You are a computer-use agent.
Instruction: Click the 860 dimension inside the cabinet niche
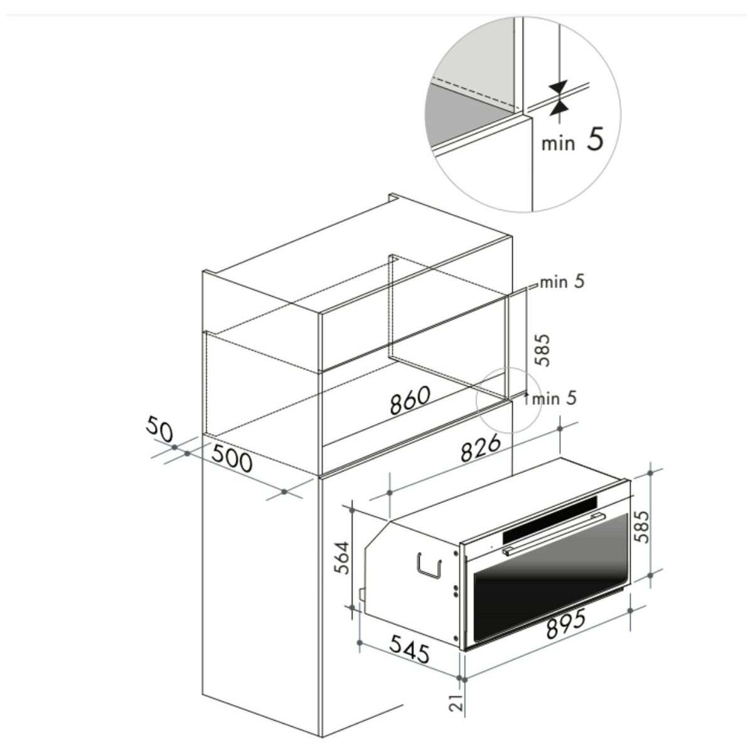410,400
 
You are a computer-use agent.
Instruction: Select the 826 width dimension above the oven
481,448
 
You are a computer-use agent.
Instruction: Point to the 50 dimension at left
159,429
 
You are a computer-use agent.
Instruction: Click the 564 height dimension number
343,558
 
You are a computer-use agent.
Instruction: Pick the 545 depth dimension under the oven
410,649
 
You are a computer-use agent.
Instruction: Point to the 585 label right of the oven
641,526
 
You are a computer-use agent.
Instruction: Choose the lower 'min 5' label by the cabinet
555,398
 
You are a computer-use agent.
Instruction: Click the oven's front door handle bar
553,535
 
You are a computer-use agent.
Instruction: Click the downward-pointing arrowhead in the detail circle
558,86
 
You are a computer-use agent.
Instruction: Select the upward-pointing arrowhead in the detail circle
558,108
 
